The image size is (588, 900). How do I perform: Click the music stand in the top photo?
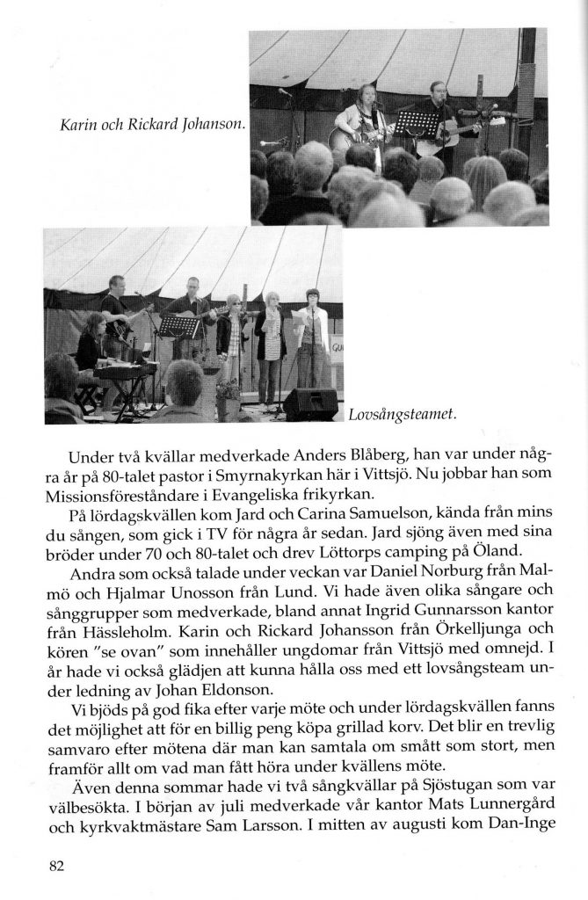[x=410, y=122]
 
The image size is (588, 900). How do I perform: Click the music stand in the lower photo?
[x=178, y=328]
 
